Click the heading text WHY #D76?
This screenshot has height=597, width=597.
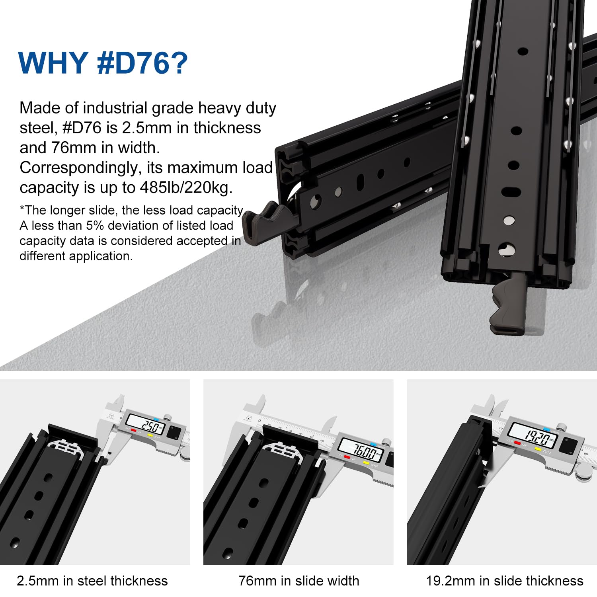(103, 62)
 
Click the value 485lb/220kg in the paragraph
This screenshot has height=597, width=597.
(186, 187)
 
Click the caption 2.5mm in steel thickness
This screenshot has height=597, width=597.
(92, 581)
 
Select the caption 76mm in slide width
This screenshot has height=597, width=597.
(299, 581)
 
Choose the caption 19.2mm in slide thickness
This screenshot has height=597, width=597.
(505, 581)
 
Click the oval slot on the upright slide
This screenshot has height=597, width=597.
(511, 192)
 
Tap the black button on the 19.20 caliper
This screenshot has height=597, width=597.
(567, 445)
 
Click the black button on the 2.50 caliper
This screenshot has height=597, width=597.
(174, 433)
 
